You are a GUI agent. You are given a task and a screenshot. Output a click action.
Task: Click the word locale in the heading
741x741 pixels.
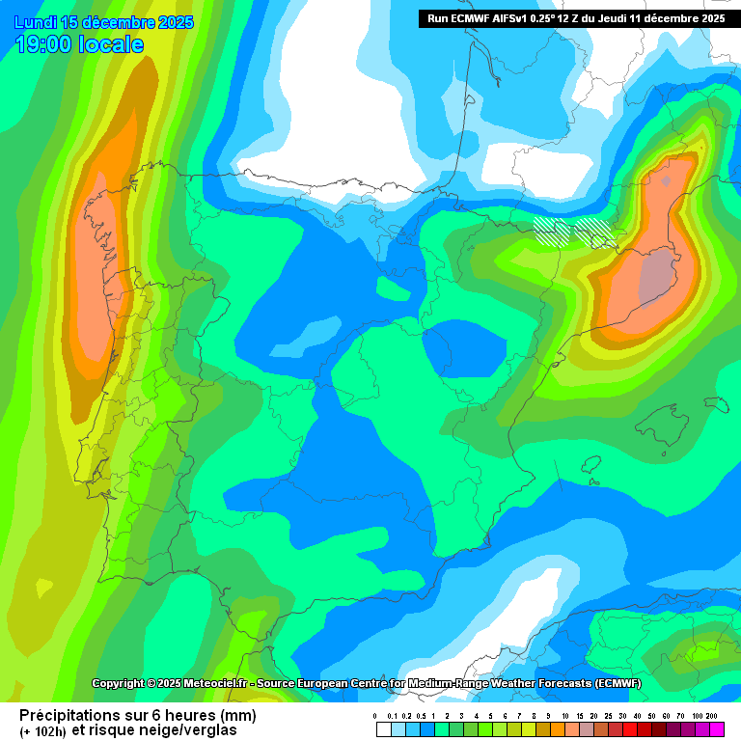point(111,44)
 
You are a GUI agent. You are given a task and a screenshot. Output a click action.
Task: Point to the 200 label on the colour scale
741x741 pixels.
point(711,716)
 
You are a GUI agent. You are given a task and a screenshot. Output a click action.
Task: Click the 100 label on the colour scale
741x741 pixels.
point(697,716)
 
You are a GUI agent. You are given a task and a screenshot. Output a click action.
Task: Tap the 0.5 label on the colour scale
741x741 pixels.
point(421,716)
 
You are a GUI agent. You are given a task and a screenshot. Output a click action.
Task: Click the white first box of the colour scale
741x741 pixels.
point(384,729)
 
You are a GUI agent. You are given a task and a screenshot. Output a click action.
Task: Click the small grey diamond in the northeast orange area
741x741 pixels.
point(666,179)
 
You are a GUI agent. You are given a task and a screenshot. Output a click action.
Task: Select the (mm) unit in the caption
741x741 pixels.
point(238,715)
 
